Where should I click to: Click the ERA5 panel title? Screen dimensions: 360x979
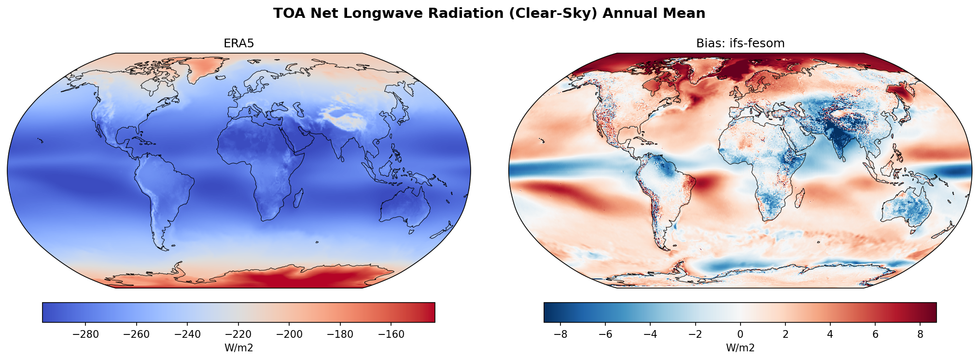tap(238, 43)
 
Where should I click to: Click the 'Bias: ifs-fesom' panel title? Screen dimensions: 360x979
tap(740, 43)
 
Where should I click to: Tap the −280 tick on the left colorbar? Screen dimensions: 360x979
tap(85, 334)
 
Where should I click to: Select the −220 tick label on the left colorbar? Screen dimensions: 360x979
tap(238, 334)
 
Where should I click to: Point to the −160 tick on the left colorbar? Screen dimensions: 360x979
tap(392, 334)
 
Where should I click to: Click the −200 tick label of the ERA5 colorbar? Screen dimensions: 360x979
tap(289, 334)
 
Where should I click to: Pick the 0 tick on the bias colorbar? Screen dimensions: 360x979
tap(740, 334)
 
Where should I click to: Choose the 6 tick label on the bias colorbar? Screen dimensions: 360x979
tap(875, 334)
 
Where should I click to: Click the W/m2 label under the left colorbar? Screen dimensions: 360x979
tap(238, 348)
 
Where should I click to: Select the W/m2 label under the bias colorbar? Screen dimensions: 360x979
tap(740, 348)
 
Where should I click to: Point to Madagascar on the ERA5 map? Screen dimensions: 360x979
tap(298, 198)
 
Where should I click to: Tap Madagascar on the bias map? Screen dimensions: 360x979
tap(800, 198)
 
